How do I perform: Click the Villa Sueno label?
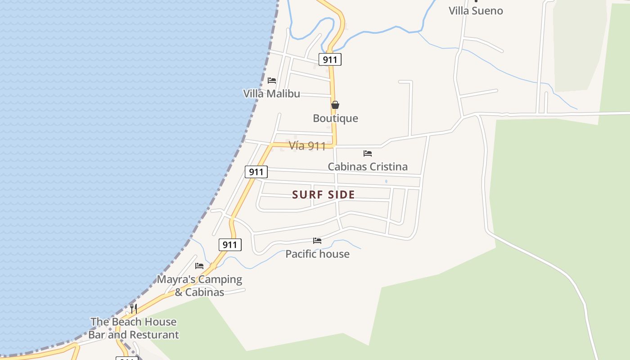click(x=476, y=11)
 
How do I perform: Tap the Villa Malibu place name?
click(x=271, y=94)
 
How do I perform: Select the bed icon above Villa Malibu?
click(x=272, y=81)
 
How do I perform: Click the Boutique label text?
click(x=335, y=118)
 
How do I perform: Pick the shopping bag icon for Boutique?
click(x=335, y=105)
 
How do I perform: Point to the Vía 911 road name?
click(x=307, y=146)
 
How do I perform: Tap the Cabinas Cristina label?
click(x=367, y=166)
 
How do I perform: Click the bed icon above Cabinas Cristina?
click(x=368, y=153)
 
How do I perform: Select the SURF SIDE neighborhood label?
click(x=324, y=195)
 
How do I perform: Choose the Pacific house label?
click(x=317, y=254)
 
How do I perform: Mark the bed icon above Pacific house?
click(x=317, y=241)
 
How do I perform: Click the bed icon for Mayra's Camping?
click(x=199, y=266)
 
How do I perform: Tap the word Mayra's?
click(x=176, y=279)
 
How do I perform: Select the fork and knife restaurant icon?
click(x=134, y=309)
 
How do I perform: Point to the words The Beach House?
click(x=133, y=322)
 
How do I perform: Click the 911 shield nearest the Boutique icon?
click(x=330, y=59)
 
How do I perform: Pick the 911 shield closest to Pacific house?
click(x=230, y=245)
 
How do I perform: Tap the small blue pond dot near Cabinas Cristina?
click(x=386, y=181)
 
